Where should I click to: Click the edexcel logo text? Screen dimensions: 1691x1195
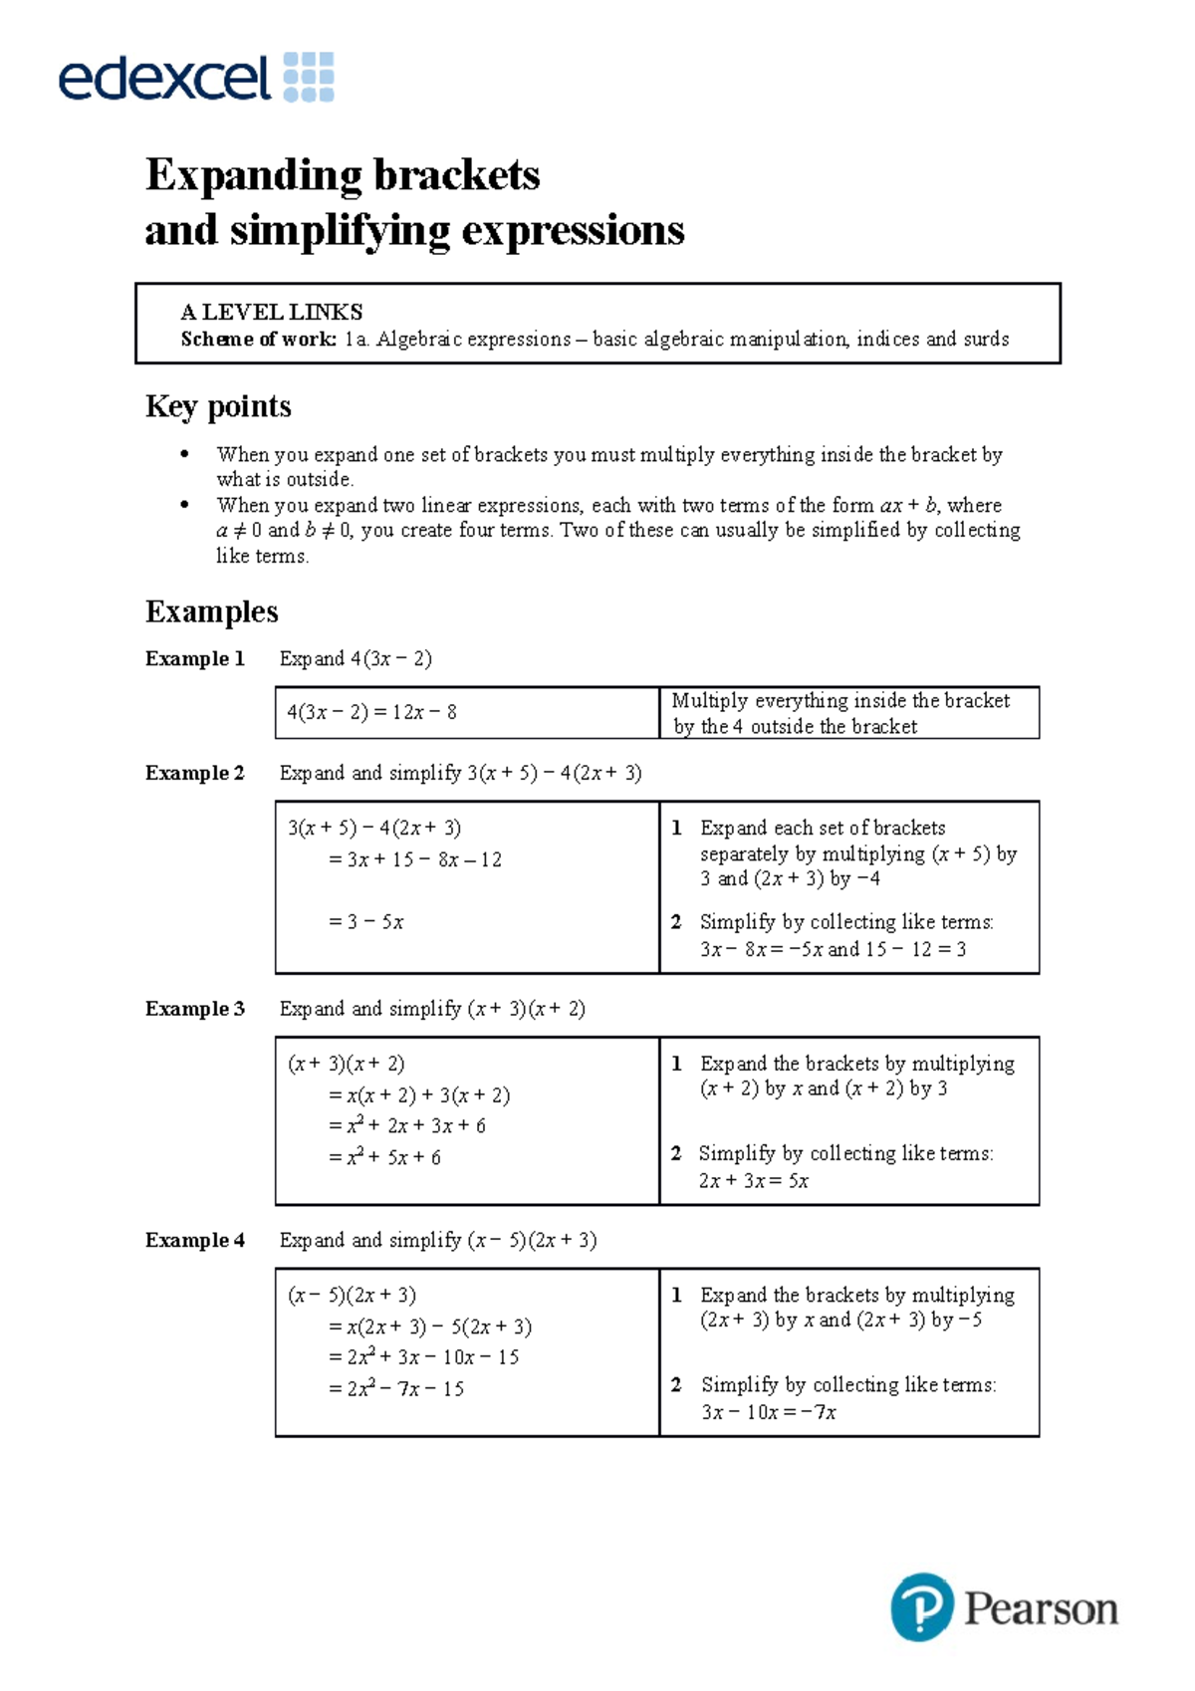(x=164, y=78)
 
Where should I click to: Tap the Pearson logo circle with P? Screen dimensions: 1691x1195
(x=921, y=1606)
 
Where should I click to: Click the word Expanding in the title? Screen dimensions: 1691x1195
(x=254, y=175)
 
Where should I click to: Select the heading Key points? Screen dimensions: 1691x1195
(x=218, y=406)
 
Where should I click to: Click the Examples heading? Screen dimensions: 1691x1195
(x=211, y=611)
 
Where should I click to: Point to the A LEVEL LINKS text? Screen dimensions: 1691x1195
(x=271, y=312)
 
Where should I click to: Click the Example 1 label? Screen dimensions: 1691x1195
(x=194, y=658)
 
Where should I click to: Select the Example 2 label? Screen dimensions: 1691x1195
(x=194, y=773)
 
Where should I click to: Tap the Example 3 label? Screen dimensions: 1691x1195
(x=194, y=1009)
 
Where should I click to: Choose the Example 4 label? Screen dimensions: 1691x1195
(x=194, y=1240)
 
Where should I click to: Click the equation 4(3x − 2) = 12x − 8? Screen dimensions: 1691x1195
(x=371, y=712)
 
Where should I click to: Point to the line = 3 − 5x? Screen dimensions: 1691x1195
(x=365, y=922)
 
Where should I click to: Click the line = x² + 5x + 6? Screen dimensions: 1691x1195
(x=384, y=1157)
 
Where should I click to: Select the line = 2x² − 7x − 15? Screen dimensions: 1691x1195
(x=395, y=1388)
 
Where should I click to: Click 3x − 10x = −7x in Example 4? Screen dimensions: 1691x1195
(x=768, y=1412)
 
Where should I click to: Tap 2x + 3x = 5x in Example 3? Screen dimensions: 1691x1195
(x=753, y=1181)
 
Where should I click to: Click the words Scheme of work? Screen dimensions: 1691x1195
(x=258, y=340)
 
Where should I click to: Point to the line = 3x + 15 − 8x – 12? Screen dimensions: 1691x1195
(x=414, y=859)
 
